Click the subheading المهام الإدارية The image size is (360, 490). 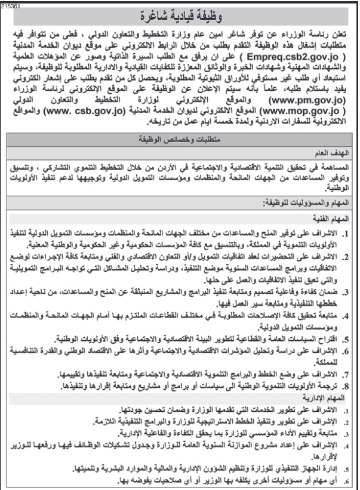point(333,395)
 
